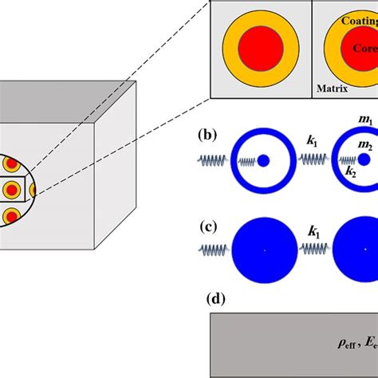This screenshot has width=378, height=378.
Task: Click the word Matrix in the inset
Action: point(330,89)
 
